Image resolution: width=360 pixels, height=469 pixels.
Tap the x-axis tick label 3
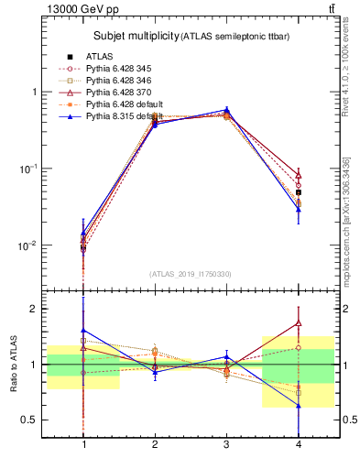(226, 444)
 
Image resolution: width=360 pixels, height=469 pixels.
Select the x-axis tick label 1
(84, 444)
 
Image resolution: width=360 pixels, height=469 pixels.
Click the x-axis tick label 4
(298, 444)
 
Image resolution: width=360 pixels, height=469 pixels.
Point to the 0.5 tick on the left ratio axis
(31, 420)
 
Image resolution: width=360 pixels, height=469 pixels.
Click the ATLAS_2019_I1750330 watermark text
(191, 274)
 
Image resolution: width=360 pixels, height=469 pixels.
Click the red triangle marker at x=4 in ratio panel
(298, 322)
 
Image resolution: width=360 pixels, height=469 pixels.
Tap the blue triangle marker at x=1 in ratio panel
(84, 330)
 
